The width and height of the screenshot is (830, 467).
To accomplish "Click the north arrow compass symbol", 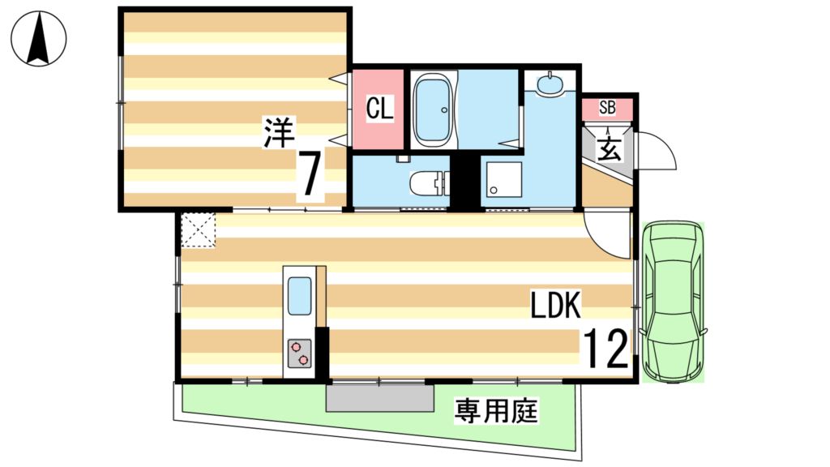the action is [39, 38].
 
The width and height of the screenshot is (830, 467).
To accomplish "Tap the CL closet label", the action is [379, 109].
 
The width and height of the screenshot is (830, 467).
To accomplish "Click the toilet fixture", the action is [429, 183].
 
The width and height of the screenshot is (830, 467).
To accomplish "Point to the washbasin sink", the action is [550, 84].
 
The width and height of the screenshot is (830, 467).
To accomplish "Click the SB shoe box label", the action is [607, 108].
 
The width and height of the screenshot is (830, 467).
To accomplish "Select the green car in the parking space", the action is [673, 301].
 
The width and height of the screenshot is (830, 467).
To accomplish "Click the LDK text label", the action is [556, 305].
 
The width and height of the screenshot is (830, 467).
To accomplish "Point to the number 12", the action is [605, 348].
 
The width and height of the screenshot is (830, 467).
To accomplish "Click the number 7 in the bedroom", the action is [310, 174].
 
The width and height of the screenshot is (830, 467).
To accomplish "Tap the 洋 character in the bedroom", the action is [280, 132].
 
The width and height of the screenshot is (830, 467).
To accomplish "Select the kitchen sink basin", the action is [299, 297].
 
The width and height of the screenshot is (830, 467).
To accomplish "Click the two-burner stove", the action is [299, 353].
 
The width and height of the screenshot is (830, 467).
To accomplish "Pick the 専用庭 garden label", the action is [495, 411].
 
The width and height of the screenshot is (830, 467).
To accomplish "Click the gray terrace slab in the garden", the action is [379, 397].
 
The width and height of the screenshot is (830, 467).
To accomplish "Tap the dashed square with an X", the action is [199, 229].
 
